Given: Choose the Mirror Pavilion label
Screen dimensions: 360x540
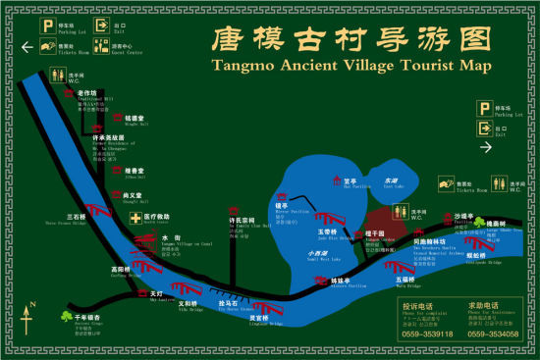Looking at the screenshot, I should pyautogui.click(x=297, y=210).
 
